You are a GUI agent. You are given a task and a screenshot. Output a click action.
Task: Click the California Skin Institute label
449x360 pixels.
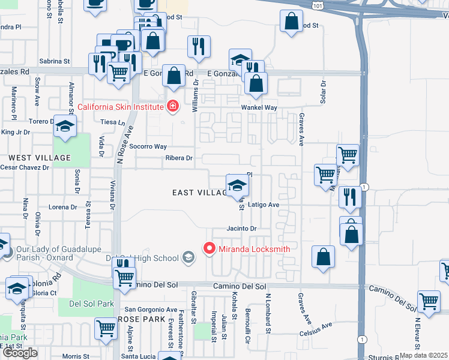coord(121,107)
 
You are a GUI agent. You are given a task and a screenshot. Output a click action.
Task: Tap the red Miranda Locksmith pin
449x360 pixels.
coord(209,248)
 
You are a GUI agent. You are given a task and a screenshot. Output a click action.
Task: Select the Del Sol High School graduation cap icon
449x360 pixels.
coord(188,258)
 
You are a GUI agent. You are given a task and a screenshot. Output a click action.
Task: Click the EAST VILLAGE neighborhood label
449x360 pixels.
coord(199,192)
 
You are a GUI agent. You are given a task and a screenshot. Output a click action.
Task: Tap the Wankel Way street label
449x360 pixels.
coord(259,107)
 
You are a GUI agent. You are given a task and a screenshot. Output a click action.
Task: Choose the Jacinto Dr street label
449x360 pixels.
coord(241,229)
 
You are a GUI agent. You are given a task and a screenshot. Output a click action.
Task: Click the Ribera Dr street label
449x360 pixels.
coord(179,158)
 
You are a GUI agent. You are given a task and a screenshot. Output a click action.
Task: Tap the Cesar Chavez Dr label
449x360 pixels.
coord(25,167)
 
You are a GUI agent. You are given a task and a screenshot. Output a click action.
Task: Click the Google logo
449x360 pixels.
coord(20,353)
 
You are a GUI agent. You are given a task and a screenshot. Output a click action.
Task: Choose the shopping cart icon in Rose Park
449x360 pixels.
coord(106,328)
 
